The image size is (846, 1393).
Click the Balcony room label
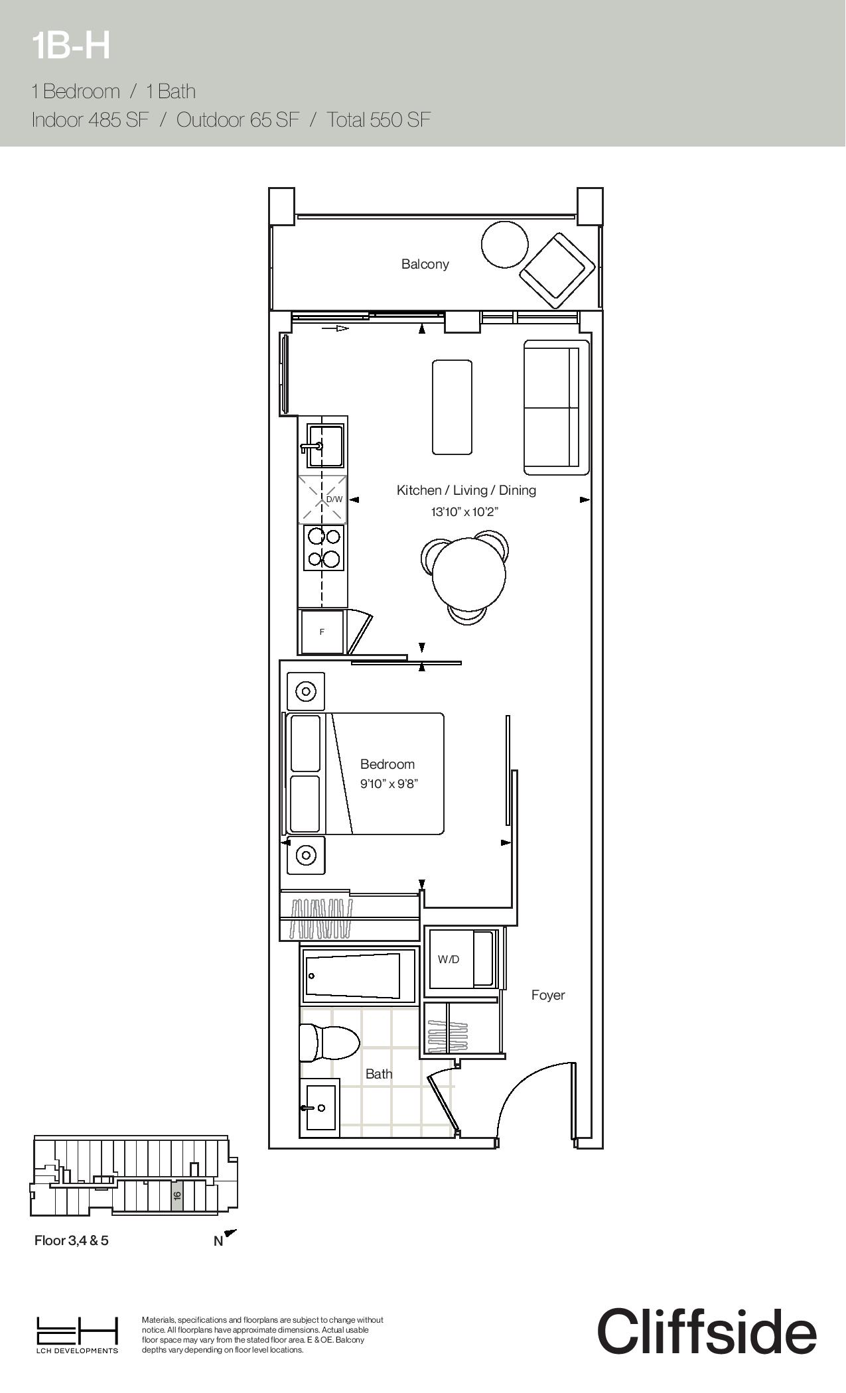425,264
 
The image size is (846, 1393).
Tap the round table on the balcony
505,244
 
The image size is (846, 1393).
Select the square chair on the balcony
557,269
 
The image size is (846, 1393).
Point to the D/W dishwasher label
334,499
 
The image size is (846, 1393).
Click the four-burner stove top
324,547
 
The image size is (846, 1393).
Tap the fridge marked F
322,632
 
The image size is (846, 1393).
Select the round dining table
468,574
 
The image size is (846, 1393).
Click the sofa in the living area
556,407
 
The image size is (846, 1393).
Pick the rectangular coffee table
453,407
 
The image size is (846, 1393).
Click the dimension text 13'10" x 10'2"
464,511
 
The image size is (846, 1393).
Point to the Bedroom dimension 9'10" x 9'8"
389,783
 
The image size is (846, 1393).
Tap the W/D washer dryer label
448,959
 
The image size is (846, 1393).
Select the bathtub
358,975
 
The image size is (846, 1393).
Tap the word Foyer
548,995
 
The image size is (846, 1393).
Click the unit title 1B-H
71,46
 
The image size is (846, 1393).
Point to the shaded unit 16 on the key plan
177,1195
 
